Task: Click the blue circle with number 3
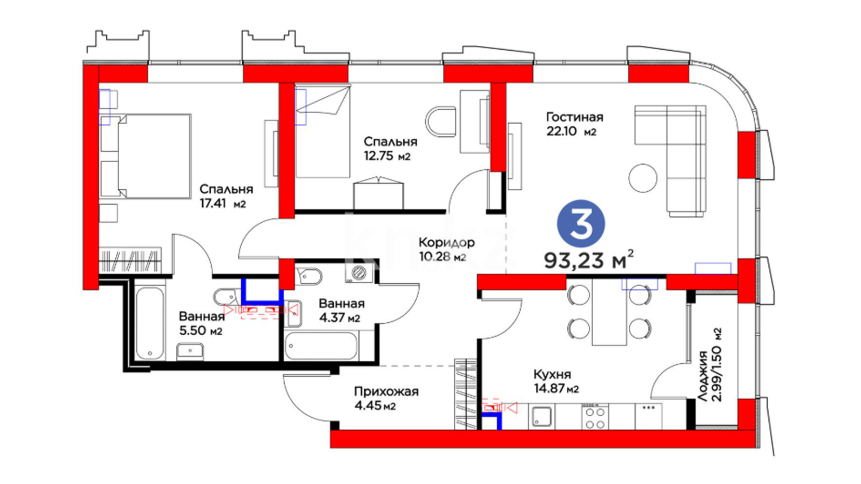coord(581,224)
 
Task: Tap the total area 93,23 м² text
coord(589,259)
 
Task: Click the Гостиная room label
coord(574,117)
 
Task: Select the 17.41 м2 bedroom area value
coord(223,204)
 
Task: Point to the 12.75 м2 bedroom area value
coord(387,156)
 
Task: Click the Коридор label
coord(446,243)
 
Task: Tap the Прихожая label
coord(386,392)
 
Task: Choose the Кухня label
coord(552,375)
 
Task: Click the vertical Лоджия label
coord(703,376)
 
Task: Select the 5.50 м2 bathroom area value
coord(201,331)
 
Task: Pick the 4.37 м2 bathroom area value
coord(339,318)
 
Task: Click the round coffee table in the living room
coord(643,178)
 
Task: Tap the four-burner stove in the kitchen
coord(595,417)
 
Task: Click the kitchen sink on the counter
coord(542,417)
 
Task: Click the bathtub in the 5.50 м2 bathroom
coord(150,323)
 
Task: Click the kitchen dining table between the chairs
coord(609,312)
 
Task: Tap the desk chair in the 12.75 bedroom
coord(440,121)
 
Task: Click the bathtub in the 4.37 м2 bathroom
coord(321,346)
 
